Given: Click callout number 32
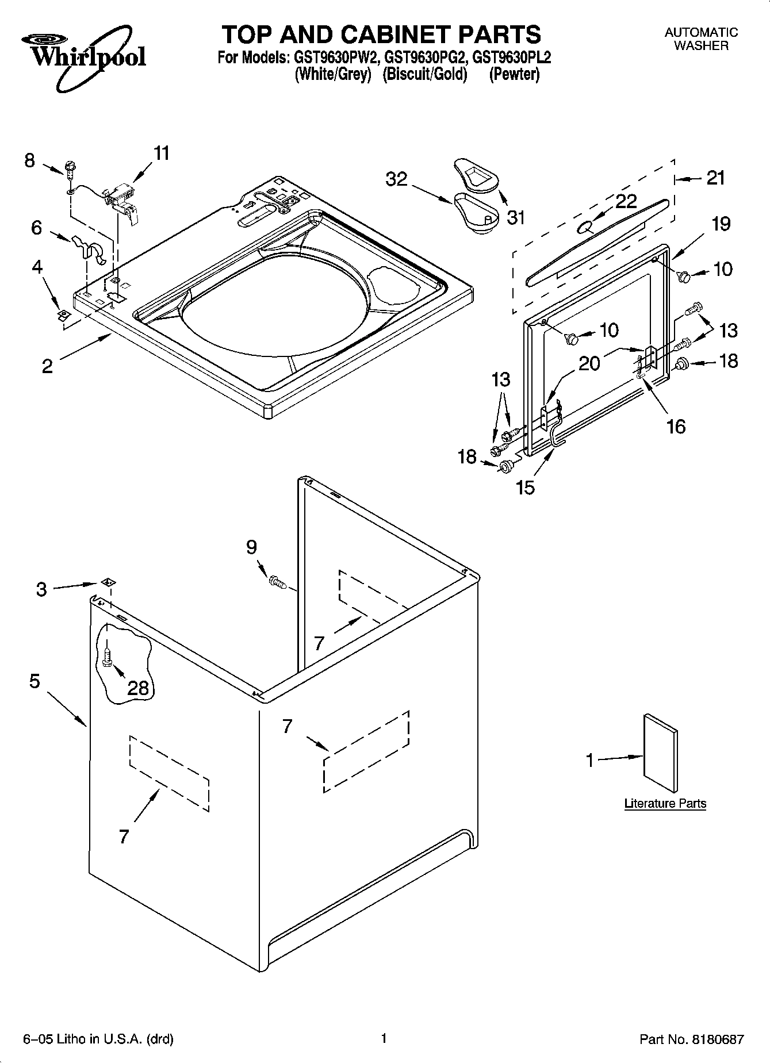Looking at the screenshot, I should tap(397, 179).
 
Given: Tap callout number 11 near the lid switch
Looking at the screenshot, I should tap(162, 153).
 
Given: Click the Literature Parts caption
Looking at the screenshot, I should tap(665, 804).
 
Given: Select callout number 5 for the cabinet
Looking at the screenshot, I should tap(35, 682).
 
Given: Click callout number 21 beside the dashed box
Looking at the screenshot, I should tap(715, 178).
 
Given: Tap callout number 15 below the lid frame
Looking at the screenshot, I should tap(525, 487).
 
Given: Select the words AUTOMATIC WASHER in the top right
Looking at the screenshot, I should tap(700, 39).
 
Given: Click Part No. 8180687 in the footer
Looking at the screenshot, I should tap(692, 1039).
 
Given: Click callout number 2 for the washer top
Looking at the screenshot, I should tap(47, 366).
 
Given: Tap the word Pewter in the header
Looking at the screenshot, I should tap(514, 75).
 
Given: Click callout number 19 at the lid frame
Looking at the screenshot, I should tap(721, 224).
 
